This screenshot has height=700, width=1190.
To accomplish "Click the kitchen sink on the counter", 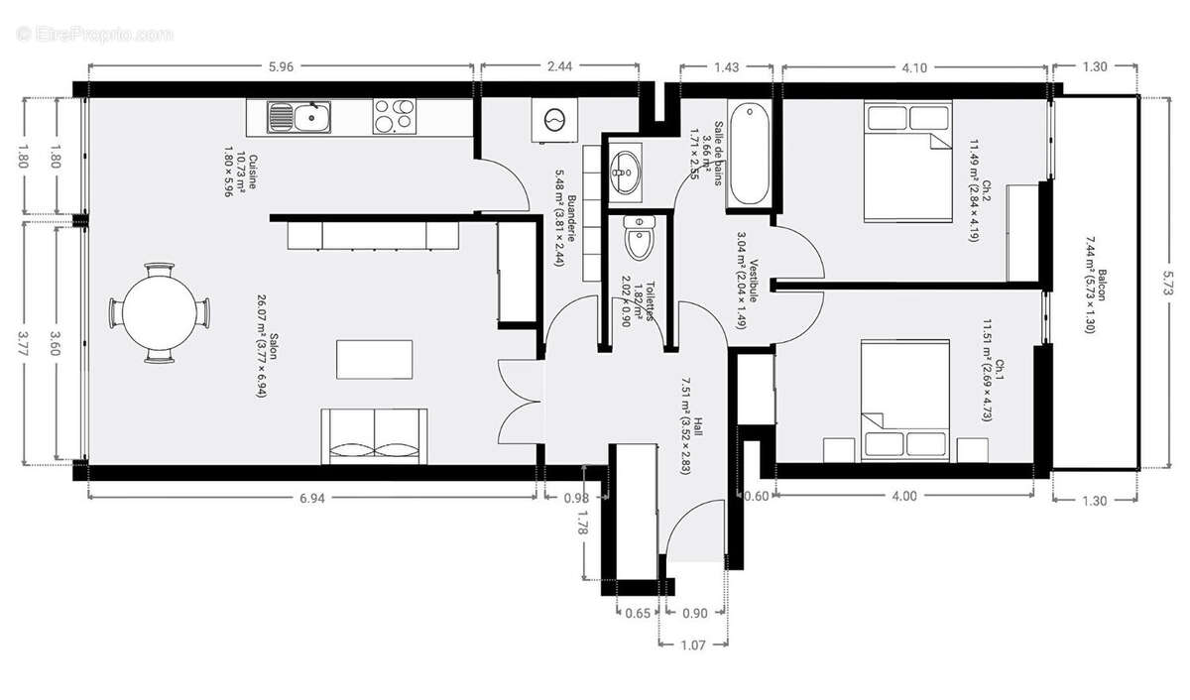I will pos(299,118).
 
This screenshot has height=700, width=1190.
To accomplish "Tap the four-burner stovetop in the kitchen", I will pos(395,117).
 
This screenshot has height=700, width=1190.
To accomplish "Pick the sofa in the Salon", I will pos(375,435).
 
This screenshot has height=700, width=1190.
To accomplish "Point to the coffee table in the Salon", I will pos(375,359).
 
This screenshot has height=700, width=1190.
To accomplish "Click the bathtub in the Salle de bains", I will pos(750,156).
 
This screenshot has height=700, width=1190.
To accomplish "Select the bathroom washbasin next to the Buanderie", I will pos(625,170).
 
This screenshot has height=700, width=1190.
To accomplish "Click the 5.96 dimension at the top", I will pos(281,68).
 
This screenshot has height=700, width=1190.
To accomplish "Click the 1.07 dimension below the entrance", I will pos(691,645).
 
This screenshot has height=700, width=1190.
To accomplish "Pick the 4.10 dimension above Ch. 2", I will pos(914,68).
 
